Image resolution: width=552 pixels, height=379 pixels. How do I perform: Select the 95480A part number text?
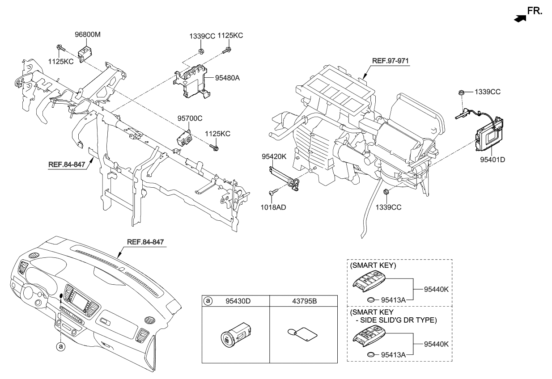228,77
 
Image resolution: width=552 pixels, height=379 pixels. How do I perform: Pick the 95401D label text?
491,159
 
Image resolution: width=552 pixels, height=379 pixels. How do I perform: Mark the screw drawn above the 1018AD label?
273,192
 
